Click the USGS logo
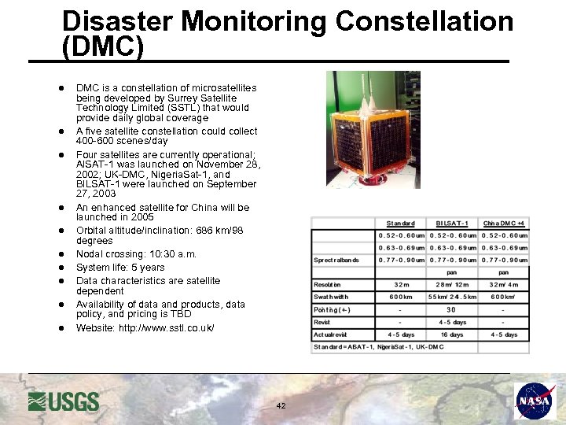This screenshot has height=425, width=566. [64, 401]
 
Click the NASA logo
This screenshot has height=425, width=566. [535, 401]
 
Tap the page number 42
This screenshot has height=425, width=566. [281, 406]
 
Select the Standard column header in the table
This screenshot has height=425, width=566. [400, 224]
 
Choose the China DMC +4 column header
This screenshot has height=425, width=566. [503, 224]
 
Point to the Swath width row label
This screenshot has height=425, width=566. [331, 297]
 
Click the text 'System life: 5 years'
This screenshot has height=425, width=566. [120, 268]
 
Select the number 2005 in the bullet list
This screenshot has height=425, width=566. [140, 217]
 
